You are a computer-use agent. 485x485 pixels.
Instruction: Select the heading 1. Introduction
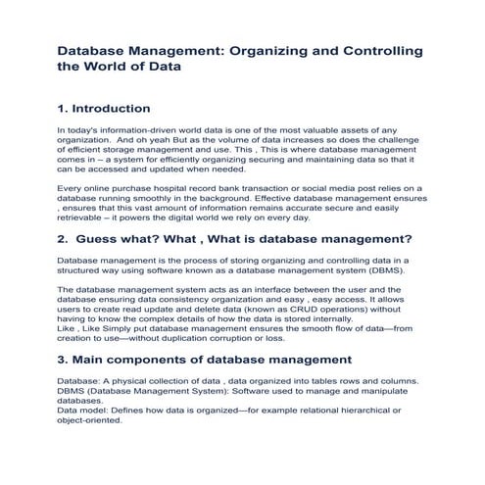coord(104,108)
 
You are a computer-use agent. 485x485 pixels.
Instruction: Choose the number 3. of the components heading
coord(64,361)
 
